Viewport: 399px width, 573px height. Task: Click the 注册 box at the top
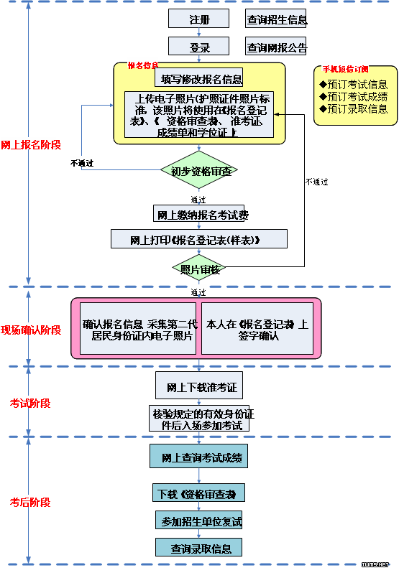pyautogui.click(x=199, y=19)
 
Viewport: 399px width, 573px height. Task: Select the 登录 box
pyautogui.click(x=199, y=47)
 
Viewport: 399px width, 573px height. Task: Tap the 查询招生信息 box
pyautogui.click(x=276, y=19)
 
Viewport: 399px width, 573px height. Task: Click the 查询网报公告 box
pyautogui.click(x=276, y=47)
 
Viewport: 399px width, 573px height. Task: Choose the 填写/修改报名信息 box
pyautogui.click(x=201, y=79)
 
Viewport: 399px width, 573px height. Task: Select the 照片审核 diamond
pyautogui.click(x=199, y=269)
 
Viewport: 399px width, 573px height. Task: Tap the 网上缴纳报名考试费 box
pyautogui.click(x=199, y=215)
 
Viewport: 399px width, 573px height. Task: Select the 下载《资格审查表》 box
pyautogui.click(x=199, y=493)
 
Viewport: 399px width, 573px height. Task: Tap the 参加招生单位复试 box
pyautogui.click(x=199, y=521)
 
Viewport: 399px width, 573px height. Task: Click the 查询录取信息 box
pyautogui.click(x=199, y=548)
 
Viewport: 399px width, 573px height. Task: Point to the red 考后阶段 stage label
pyautogui.click(x=30, y=502)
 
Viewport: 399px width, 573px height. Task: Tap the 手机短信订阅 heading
pyautogui.click(x=345, y=70)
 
